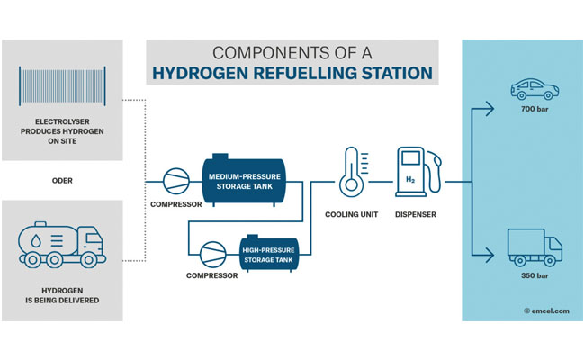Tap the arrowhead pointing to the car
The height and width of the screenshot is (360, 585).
tap(491, 109)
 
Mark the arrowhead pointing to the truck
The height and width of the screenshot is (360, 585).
tap(491, 256)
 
